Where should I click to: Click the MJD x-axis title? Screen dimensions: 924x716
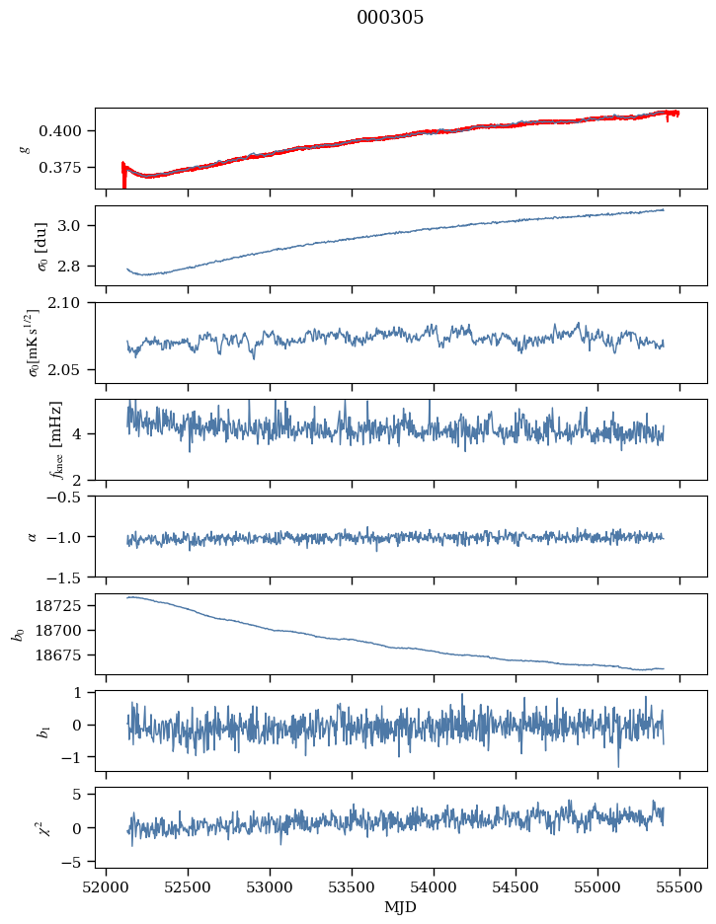[x=401, y=907]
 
